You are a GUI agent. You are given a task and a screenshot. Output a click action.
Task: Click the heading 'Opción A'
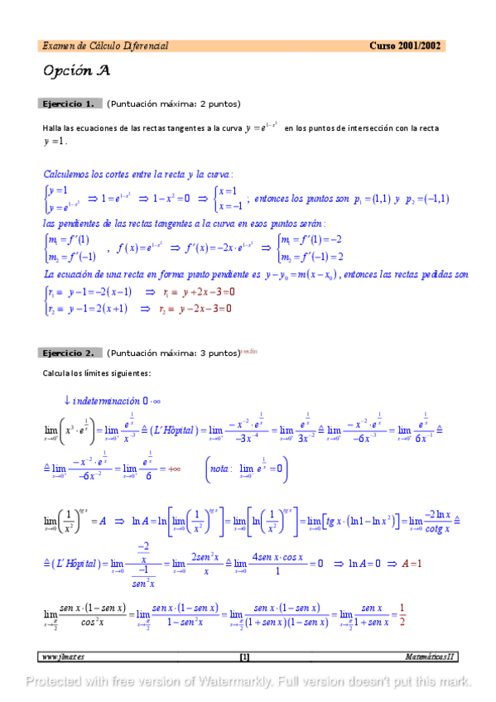(77, 70)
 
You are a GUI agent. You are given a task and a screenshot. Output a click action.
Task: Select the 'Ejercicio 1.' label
(69, 103)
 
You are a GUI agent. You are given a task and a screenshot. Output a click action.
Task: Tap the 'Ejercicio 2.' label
(69, 353)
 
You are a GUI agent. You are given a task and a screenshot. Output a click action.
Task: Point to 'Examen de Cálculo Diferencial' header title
(105, 46)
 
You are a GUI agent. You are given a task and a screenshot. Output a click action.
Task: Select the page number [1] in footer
(244, 657)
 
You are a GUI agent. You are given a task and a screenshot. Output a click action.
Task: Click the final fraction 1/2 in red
(402, 615)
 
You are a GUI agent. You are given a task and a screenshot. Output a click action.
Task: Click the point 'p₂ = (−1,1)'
(427, 199)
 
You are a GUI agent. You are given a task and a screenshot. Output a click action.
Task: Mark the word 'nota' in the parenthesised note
(222, 470)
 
